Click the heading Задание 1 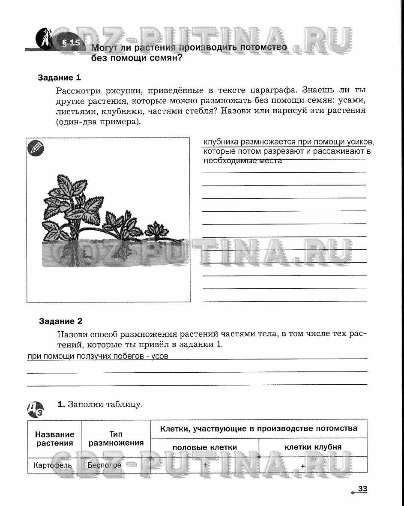pos(59,78)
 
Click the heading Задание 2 pos(60,321)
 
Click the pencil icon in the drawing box pos(36,148)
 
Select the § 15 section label pos(70,42)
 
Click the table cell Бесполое pos(104,465)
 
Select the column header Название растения pos(55,439)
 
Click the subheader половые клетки pos(204,447)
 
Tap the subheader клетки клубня pos(313,447)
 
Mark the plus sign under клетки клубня pos(303,466)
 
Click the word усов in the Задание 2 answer pos(160,356)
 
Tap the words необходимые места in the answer pos(242,161)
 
